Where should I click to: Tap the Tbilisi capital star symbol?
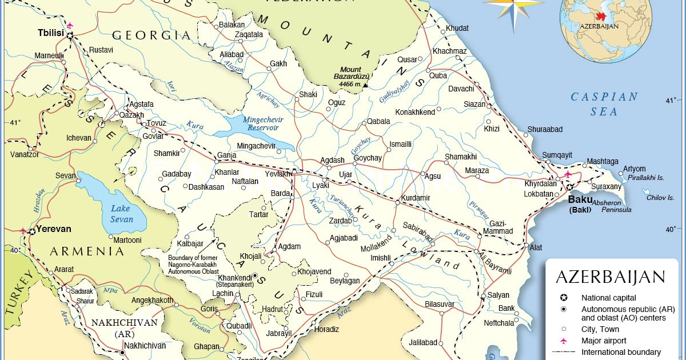tap(70, 35)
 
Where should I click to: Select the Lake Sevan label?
tap(121, 214)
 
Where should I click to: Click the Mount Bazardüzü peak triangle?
tap(365, 85)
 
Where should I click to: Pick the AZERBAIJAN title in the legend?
tap(611, 278)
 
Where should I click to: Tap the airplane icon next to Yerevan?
tap(23, 231)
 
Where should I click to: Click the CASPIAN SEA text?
tap(604, 104)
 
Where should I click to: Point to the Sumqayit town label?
tap(557, 155)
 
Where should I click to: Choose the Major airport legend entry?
tap(604, 341)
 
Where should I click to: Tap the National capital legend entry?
tap(608, 298)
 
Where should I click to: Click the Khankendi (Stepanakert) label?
tap(235, 282)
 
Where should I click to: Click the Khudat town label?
tap(457, 28)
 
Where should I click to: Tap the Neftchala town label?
tap(499, 323)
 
